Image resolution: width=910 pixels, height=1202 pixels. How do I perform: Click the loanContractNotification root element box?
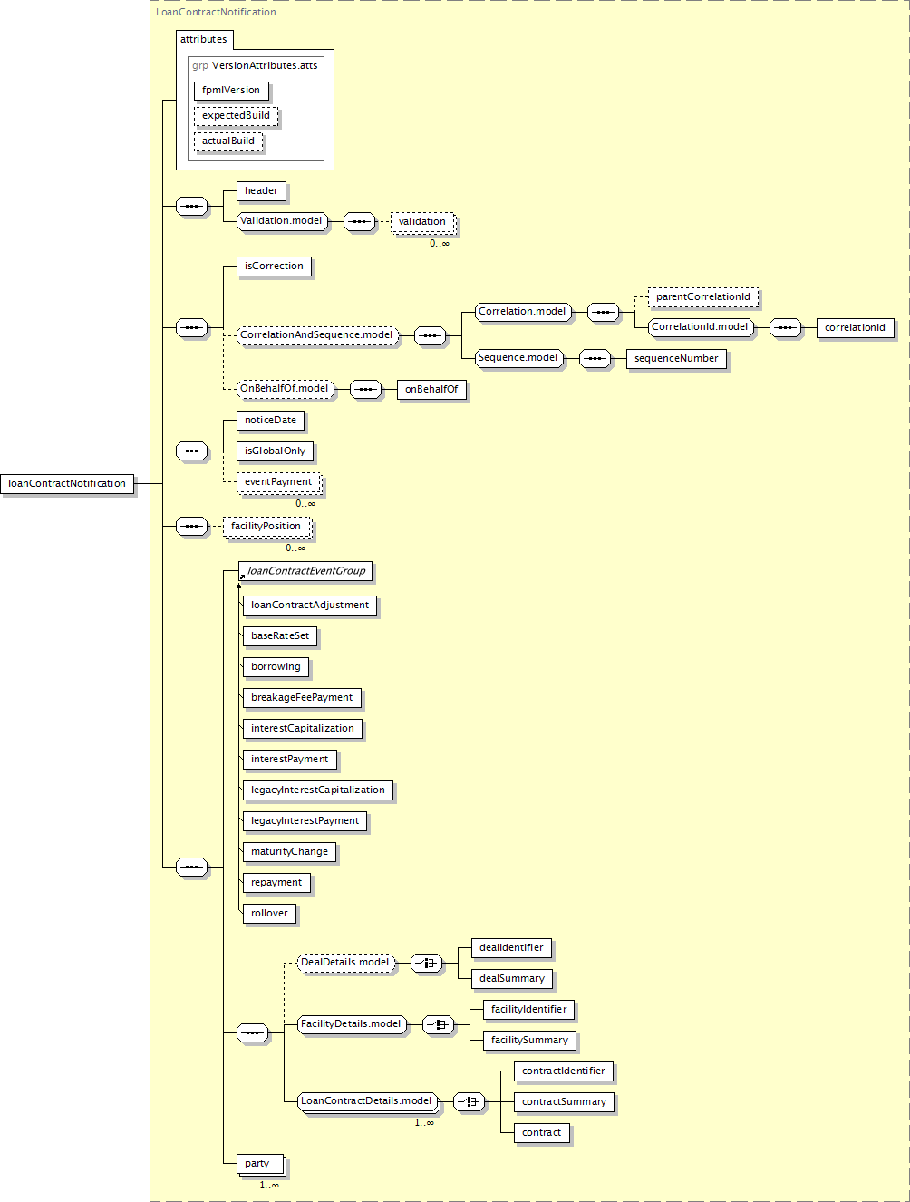67,483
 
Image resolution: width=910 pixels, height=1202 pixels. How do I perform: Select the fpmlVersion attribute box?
231,91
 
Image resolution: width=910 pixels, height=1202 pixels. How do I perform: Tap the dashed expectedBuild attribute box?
236,116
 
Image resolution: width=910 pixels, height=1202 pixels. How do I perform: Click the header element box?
261,190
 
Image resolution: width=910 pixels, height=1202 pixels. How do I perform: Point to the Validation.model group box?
282,220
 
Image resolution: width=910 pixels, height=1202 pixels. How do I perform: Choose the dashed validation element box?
422,222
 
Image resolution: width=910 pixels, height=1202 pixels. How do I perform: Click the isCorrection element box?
274,267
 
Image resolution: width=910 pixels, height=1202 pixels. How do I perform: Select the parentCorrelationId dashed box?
703,296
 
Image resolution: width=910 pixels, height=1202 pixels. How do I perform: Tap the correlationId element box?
855,328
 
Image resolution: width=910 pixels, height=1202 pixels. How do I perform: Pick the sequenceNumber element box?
676,359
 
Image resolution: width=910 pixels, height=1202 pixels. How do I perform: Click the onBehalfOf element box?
431,390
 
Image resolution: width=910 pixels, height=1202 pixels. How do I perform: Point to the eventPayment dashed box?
278,482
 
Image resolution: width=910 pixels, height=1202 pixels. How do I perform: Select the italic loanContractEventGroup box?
305,571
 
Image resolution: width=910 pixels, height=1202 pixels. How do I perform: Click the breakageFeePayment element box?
302,698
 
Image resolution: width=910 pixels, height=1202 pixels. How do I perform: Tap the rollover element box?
269,914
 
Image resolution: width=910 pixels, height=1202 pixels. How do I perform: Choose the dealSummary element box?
512,979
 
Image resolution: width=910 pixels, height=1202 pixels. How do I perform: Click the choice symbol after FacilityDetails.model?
438,1024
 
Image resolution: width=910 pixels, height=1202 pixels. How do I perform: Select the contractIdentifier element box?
564,1071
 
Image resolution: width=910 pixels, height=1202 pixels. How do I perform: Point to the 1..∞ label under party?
269,1186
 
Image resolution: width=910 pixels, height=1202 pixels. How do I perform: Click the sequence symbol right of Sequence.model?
595,359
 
